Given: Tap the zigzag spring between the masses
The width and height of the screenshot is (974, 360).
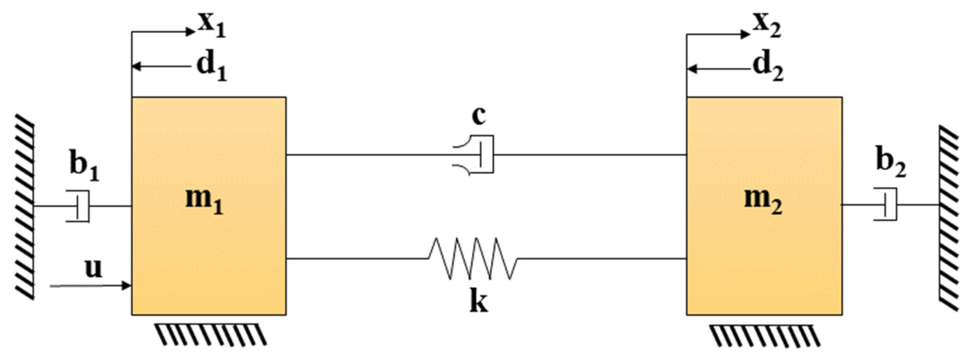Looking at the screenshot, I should [473, 259].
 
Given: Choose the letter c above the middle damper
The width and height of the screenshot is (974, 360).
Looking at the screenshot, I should [478, 116].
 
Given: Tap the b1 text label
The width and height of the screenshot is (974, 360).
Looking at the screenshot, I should [84, 166].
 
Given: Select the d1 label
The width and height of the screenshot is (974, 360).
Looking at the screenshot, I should [212, 68].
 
